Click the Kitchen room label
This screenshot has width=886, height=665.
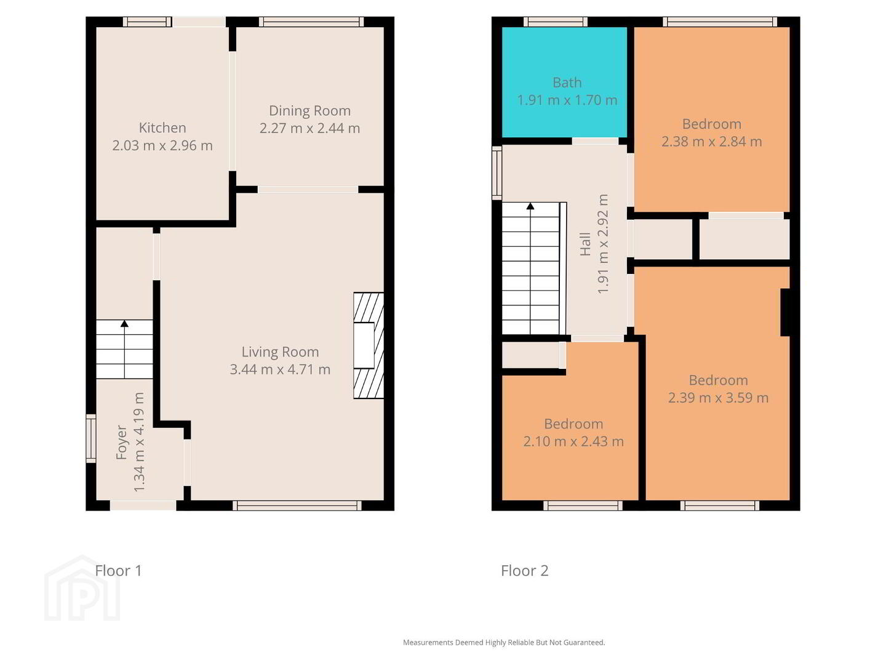click(x=162, y=127)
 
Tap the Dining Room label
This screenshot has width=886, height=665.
click(x=309, y=111)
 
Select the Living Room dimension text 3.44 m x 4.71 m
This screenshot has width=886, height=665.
click(x=280, y=369)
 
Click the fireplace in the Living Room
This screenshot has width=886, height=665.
click(x=368, y=345)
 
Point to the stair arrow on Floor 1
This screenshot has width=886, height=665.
click(x=124, y=349)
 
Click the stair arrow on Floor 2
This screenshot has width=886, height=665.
click(x=530, y=268)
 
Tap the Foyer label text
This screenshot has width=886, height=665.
click(x=121, y=442)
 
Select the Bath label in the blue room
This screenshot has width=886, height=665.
click(x=567, y=83)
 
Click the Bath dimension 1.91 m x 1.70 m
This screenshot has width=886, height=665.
click(x=567, y=100)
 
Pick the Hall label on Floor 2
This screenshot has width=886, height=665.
click(x=585, y=244)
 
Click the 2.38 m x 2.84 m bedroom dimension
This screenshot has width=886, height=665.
click(x=711, y=142)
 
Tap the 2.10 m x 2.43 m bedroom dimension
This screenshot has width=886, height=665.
click(x=573, y=441)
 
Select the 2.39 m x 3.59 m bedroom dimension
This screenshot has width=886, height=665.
click(x=717, y=398)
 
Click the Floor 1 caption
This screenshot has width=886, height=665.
click(x=118, y=571)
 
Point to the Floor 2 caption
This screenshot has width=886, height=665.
click(x=524, y=571)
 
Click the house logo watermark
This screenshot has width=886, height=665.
click(x=82, y=588)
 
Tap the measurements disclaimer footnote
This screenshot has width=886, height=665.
click(x=504, y=642)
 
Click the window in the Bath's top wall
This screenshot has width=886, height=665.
click(x=556, y=22)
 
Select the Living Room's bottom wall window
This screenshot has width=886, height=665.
click(x=297, y=506)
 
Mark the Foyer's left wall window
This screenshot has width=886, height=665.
click(x=91, y=438)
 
